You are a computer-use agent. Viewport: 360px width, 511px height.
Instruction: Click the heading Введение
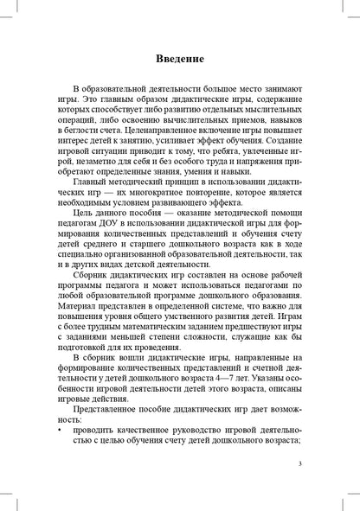point(180,59)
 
